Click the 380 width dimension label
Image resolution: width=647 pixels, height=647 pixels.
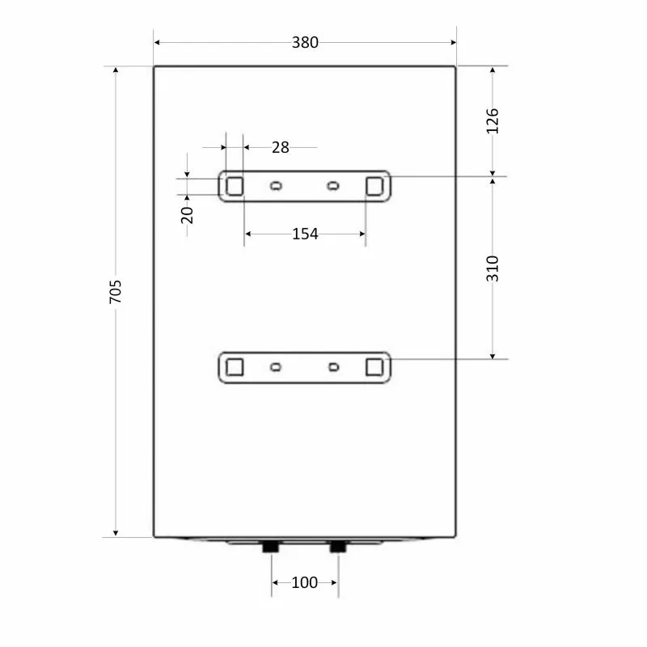[x=305, y=43]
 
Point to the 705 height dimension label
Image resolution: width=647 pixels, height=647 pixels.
[x=116, y=292]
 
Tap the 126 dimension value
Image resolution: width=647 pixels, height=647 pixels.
[x=493, y=121]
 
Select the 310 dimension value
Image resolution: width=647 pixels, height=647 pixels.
[x=493, y=269]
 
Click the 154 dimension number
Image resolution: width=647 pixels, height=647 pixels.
[x=305, y=234]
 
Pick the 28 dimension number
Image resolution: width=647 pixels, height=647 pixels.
[x=281, y=147]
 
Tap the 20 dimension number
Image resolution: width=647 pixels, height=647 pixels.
[x=187, y=215]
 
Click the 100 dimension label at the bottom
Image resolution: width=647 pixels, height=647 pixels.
[x=305, y=582]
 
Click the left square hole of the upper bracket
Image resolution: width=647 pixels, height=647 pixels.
[x=235, y=187]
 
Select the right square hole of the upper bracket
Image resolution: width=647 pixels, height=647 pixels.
[x=374, y=187]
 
